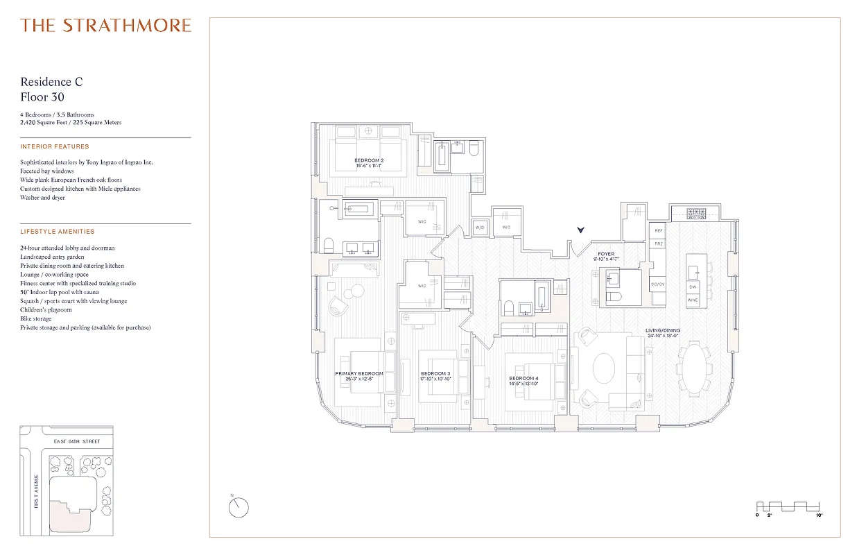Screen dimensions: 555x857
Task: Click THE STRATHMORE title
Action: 105,26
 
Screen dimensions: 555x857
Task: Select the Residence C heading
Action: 51,82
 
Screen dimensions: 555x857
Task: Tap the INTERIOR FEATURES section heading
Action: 55,147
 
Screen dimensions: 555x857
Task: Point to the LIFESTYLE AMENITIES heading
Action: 58,232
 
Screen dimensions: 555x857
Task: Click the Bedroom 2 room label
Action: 369,160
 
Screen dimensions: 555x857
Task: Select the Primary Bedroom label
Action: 358,374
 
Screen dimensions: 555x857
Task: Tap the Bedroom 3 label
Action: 435,374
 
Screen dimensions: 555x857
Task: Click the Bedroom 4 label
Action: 522,378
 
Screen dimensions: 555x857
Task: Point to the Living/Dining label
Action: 664,330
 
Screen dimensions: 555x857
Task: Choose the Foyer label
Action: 606,255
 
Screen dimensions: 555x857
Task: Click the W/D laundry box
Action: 479,228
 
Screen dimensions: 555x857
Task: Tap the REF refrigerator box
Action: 659,230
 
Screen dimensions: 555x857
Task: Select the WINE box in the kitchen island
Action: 693,300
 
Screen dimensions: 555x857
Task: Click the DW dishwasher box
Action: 693,287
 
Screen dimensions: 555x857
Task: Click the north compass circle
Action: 238,508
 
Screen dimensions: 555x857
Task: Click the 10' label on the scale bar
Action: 820,516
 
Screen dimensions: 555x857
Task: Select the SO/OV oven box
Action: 657,284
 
